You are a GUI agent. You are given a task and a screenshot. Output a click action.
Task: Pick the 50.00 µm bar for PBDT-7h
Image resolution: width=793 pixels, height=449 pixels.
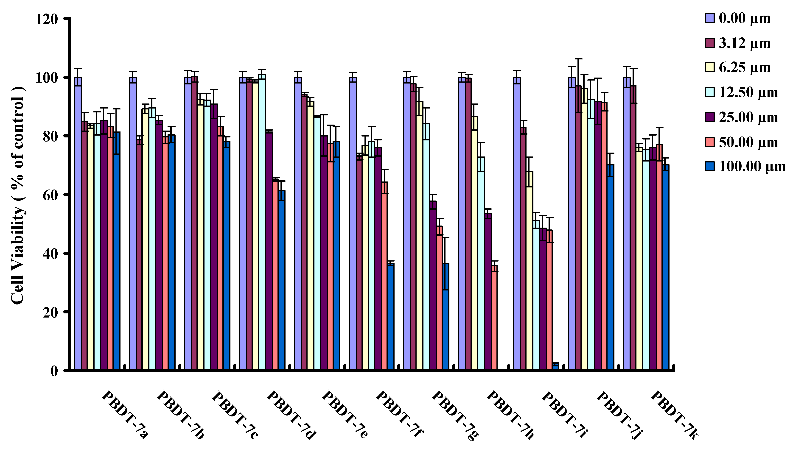(494, 318)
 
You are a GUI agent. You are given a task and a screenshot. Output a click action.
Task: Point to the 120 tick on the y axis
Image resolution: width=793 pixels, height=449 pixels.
(47, 19)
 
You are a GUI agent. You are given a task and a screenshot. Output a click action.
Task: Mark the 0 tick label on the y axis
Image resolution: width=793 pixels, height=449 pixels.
(54, 371)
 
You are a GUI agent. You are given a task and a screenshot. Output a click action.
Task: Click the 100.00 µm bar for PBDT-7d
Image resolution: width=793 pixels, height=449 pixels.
(281, 280)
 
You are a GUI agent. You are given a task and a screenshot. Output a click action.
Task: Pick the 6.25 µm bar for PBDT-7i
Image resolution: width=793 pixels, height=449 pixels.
(529, 271)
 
